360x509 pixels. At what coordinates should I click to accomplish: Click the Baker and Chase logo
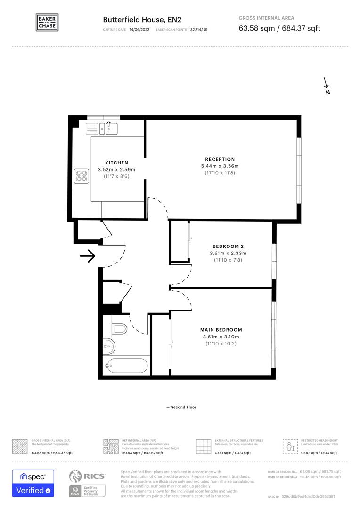pos(47,22)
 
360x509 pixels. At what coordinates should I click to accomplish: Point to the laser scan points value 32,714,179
pos(199,30)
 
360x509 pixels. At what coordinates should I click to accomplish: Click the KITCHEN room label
pos(116,163)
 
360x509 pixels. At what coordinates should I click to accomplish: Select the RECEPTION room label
pos(220,159)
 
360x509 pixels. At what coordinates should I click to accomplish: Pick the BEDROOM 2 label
pos(228,246)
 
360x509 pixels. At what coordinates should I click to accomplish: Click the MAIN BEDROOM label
pos(221,330)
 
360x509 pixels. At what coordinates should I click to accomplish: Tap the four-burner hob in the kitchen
pos(82,176)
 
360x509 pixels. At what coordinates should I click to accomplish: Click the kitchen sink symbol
pos(111,127)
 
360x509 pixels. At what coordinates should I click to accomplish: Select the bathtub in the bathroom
pos(126,365)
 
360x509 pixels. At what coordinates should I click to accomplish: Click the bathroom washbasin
pos(109,346)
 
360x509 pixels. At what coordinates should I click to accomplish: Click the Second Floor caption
pos(181,407)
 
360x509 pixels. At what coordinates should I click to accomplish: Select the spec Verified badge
pos(33,484)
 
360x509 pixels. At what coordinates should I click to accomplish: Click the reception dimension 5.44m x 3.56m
pos(220,166)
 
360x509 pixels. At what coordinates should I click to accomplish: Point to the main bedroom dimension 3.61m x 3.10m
pos(221,337)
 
